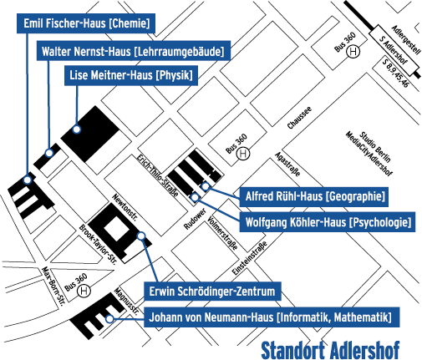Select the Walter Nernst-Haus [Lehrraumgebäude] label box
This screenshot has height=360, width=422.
pyautogui.click(x=133, y=52)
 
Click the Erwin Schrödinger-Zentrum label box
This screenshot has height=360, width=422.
pyautogui.click(x=212, y=292)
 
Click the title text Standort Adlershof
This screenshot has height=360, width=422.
pyautogui.click(x=330, y=347)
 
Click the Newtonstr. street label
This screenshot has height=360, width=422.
pyautogui.click(x=127, y=214)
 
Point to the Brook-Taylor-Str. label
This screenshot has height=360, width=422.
pyautogui.click(x=96, y=243)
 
